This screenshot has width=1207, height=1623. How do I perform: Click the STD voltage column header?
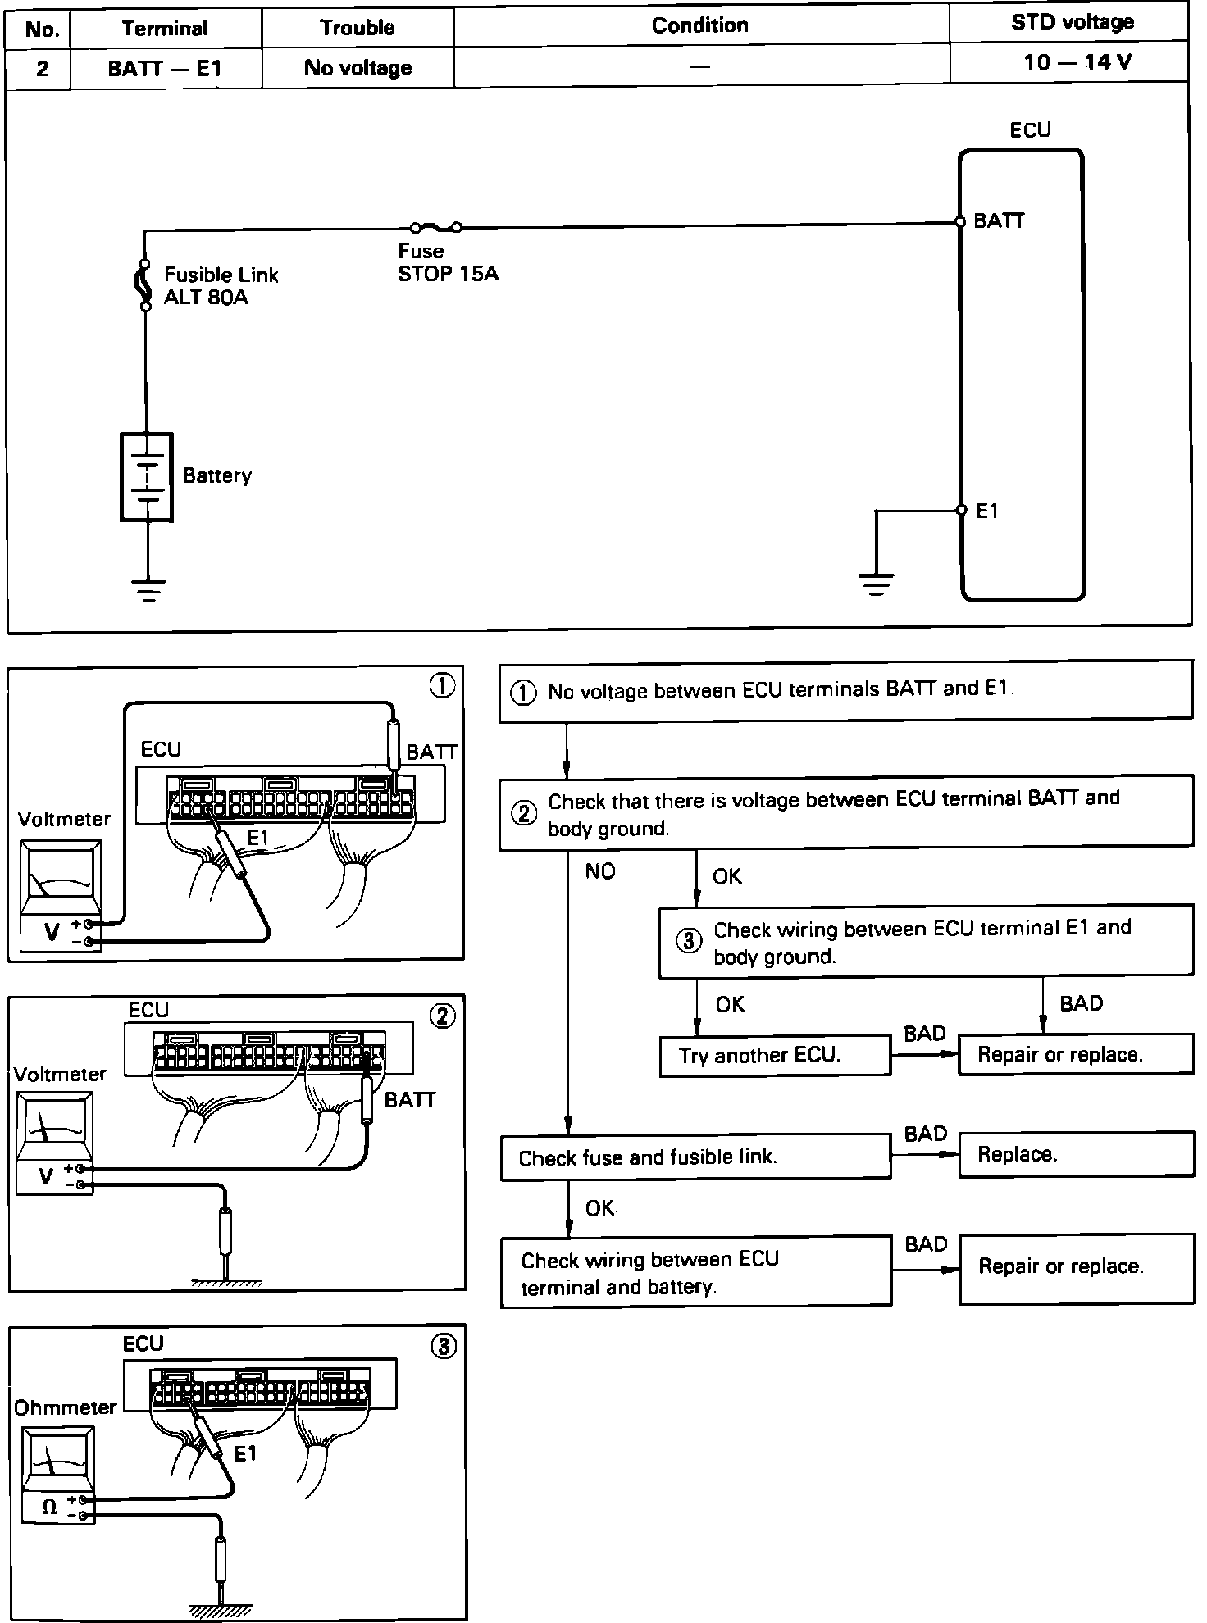click(1072, 23)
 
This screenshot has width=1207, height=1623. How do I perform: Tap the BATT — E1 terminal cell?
click(165, 68)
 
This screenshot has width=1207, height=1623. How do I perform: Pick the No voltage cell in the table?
click(358, 68)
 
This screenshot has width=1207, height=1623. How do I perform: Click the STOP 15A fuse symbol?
click(435, 226)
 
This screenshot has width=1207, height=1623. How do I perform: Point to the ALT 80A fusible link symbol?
click(144, 284)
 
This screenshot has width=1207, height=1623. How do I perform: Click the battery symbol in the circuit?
click(147, 476)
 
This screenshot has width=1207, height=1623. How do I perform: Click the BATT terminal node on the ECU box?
click(960, 222)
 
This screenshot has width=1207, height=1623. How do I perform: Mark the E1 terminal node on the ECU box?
click(962, 511)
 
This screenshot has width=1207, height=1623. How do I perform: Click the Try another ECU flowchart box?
click(774, 1055)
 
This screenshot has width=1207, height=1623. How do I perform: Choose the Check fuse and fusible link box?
click(695, 1157)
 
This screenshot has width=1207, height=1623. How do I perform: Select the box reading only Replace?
click(1076, 1154)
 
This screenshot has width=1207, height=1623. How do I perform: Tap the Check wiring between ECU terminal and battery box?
click(695, 1272)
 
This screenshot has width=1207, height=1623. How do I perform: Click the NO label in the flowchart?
click(600, 871)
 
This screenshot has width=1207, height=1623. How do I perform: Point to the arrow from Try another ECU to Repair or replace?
click(924, 1053)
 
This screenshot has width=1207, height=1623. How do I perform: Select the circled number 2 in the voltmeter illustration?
click(442, 1016)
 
